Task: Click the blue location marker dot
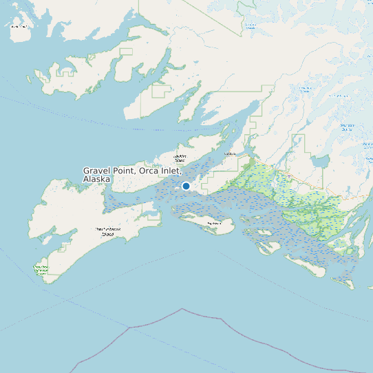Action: [186, 186]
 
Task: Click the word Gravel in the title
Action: [98, 170]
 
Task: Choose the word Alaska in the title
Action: [96, 179]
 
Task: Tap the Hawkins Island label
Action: [180, 158]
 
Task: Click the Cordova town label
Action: [230, 154]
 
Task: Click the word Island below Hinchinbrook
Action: [107, 235]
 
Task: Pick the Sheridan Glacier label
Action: [346, 126]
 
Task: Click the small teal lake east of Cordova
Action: [319, 161]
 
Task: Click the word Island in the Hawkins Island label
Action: [180, 161]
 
